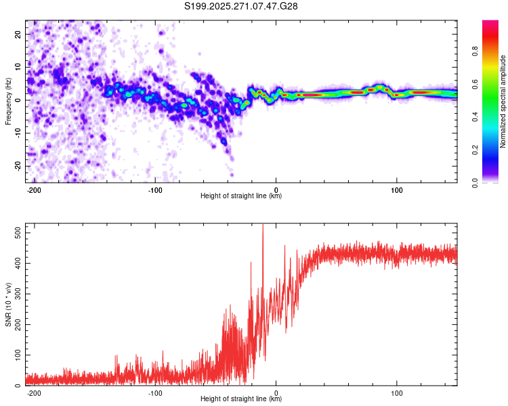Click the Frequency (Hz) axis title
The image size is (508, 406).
tap(8, 101)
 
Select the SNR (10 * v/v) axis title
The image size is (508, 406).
tap(8, 304)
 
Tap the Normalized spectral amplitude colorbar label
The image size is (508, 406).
tap(503, 101)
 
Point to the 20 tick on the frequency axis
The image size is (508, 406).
tap(18, 34)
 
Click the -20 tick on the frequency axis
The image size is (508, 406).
tap(16, 166)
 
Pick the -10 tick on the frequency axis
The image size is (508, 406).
tap(16, 133)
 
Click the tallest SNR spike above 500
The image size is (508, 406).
tap(263, 225)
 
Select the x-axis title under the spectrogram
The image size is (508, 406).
tap(241, 196)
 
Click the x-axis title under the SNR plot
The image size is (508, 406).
tap(241, 399)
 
